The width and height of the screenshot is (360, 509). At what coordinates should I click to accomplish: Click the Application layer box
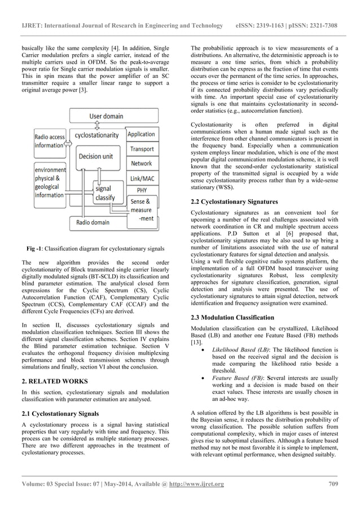[x=141, y=134]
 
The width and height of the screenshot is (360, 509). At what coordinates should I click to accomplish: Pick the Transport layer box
[x=142, y=149]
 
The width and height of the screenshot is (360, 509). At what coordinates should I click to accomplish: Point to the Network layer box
[x=142, y=163]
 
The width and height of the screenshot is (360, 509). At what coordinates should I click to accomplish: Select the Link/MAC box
[x=142, y=178]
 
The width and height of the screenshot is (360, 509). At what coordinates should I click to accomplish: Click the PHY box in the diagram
[x=142, y=190]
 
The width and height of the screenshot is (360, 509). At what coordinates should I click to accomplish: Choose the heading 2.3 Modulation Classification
[x=232, y=318]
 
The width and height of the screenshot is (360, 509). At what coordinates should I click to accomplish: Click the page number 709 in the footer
[x=332, y=484]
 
